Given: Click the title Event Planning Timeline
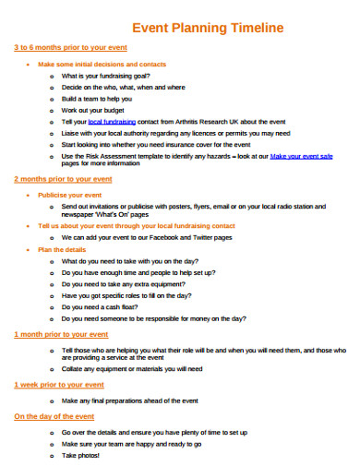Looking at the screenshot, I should tap(208, 28).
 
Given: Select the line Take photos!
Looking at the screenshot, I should tap(82, 455).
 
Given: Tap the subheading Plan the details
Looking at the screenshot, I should tap(62, 249).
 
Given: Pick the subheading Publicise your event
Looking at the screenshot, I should tap(69, 196).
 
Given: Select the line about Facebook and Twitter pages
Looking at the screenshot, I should tap(146, 237).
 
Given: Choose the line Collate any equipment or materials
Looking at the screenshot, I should tap(132, 368).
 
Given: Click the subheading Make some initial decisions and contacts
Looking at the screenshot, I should tap(102, 65).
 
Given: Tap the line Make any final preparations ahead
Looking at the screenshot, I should tap(131, 401).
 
